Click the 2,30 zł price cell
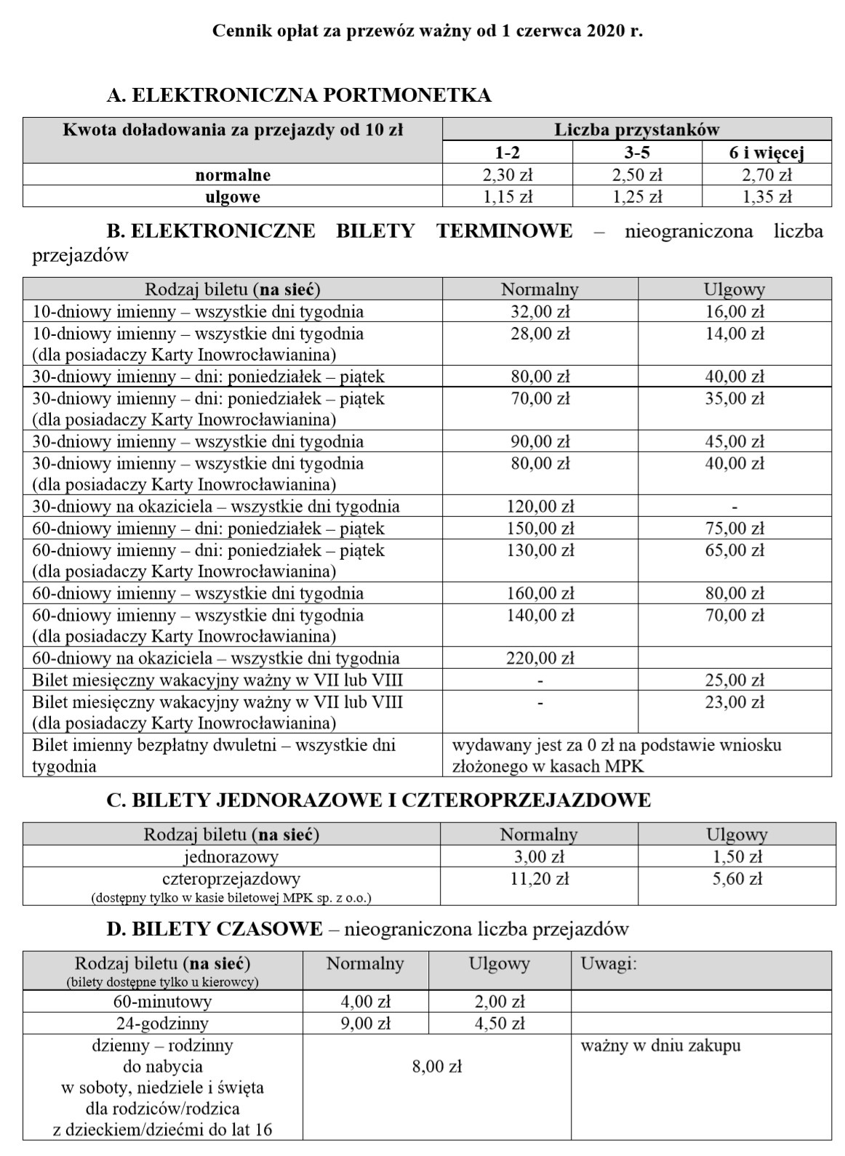[508, 175]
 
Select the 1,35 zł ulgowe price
[766, 197]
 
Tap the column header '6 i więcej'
[766, 153]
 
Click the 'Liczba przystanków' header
[636, 130]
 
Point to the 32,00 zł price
[540, 312]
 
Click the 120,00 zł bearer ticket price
[540, 507]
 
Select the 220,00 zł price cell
[540, 659]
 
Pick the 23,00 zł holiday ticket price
[734, 702]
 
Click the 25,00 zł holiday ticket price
[734, 681]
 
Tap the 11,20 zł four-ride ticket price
[539, 879]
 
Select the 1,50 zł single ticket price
[737, 857]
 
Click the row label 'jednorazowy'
[231, 857]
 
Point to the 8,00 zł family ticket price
[436, 1067]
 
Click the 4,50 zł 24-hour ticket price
[499, 1024]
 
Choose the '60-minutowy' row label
[162, 1002]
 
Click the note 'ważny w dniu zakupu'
[660, 1046]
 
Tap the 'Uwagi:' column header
[609, 964]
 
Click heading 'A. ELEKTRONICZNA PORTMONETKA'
[298, 95]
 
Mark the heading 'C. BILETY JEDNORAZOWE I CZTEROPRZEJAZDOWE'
[378, 800]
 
